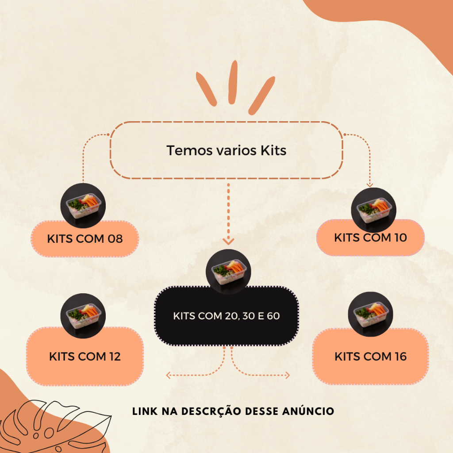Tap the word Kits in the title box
coord(273,150)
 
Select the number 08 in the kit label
coord(115,239)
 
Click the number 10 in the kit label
coord(400,238)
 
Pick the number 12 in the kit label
coord(115,357)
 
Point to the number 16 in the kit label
coord(401,357)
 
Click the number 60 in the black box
coord(273,316)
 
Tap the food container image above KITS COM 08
coord(83,205)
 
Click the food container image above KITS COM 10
coord(373,210)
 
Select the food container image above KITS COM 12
coord(83,316)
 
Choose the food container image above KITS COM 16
coord(370,314)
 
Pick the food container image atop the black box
coord(228,272)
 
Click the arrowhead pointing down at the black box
coord(228,242)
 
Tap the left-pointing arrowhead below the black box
coord(169,375)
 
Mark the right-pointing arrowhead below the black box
coord(288,375)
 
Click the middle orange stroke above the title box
coord(233,82)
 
